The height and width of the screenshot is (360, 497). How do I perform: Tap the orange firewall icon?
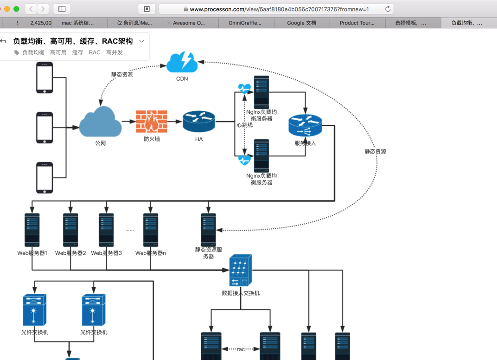click(x=152, y=122)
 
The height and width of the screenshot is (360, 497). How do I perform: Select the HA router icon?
click(x=199, y=122)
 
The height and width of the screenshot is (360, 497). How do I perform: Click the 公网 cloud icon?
click(x=100, y=122)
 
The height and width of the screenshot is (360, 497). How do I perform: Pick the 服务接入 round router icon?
click(x=305, y=126)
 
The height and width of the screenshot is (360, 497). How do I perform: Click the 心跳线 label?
click(x=244, y=125)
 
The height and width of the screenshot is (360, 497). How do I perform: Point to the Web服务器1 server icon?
click(x=32, y=230)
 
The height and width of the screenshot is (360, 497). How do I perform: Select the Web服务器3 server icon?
click(x=106, y=230)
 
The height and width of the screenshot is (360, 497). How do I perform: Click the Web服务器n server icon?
click(x=151, y=230)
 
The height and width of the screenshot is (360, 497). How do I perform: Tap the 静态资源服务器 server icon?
click(x=208, y=230)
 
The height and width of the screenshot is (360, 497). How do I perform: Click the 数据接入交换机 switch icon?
click(x=241, y=270)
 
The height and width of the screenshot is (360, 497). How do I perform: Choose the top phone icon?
click(x=45, y=77)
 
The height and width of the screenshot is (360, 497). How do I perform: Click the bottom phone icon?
click(x=45, y=177)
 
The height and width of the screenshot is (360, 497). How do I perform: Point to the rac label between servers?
click(x=241, y=349)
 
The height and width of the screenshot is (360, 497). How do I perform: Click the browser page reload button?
click(x=388, y=9)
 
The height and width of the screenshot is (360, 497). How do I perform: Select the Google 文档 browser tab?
click(x=301, y=23)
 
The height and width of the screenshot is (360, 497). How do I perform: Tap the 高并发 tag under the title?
click(x=115, y=52)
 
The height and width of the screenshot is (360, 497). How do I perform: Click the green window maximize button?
click(x=16, y=9)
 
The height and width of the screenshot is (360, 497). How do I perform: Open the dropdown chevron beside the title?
click(x=141, y=41)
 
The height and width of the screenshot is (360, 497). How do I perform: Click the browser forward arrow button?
click(x=43, y=9)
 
